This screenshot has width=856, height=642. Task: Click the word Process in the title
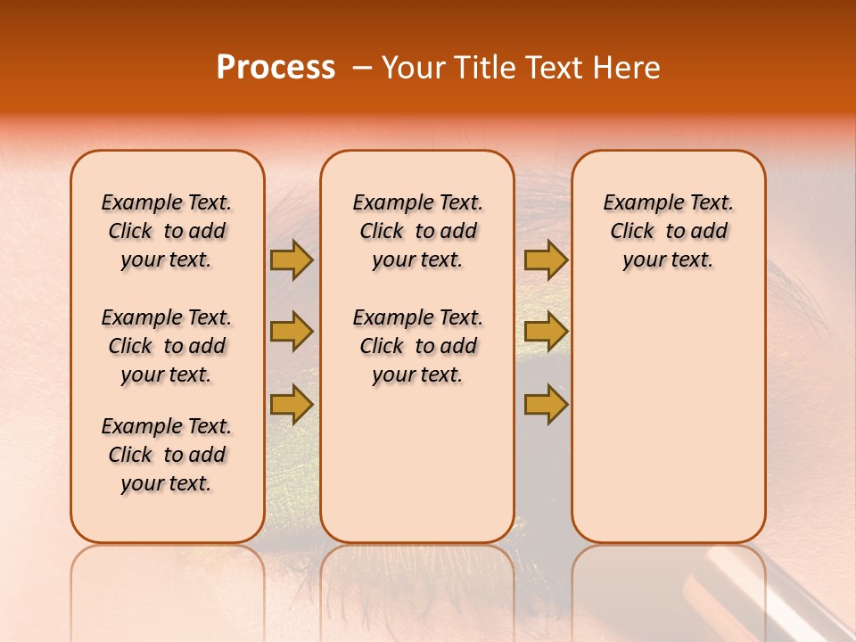276,68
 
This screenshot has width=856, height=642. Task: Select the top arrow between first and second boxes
292,259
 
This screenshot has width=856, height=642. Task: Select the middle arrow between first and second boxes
292,332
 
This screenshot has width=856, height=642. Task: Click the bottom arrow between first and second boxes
292,404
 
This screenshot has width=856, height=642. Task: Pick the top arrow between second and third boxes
546,259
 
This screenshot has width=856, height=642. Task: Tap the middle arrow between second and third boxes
546,332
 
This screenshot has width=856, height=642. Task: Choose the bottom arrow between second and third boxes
546,404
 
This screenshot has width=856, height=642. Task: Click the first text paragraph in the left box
167,231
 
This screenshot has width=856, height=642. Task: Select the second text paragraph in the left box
167,346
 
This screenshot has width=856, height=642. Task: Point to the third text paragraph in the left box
167,455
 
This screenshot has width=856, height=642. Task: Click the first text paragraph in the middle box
417,231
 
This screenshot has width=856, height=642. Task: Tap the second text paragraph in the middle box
417,346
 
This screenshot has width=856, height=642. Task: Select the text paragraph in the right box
668,231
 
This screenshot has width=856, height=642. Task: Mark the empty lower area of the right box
668,419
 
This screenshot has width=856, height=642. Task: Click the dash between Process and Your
361,69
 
